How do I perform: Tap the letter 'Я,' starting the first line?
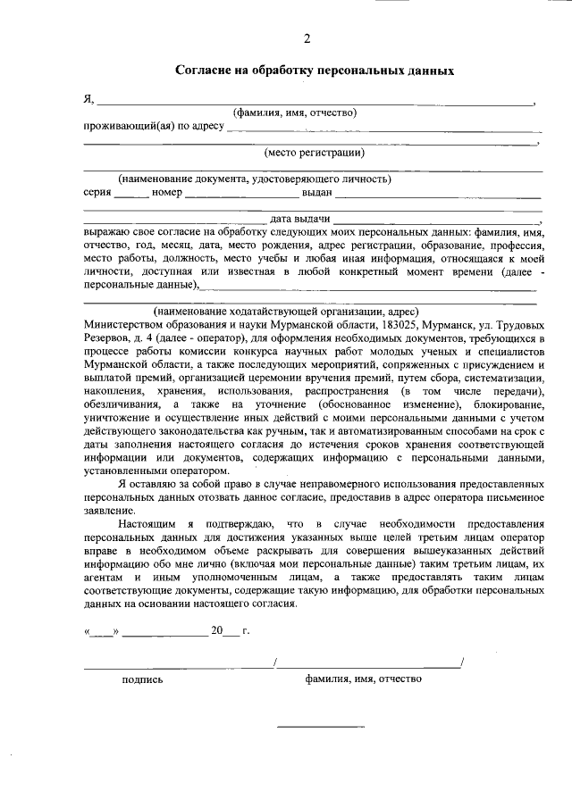(88, 99)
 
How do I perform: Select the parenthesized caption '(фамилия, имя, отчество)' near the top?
(295, 112)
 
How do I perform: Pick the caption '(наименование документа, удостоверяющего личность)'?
(241, 179)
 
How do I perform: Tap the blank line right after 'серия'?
(130, 195)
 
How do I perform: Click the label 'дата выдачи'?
(301, 218)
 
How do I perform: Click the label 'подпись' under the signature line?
(142, 679)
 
